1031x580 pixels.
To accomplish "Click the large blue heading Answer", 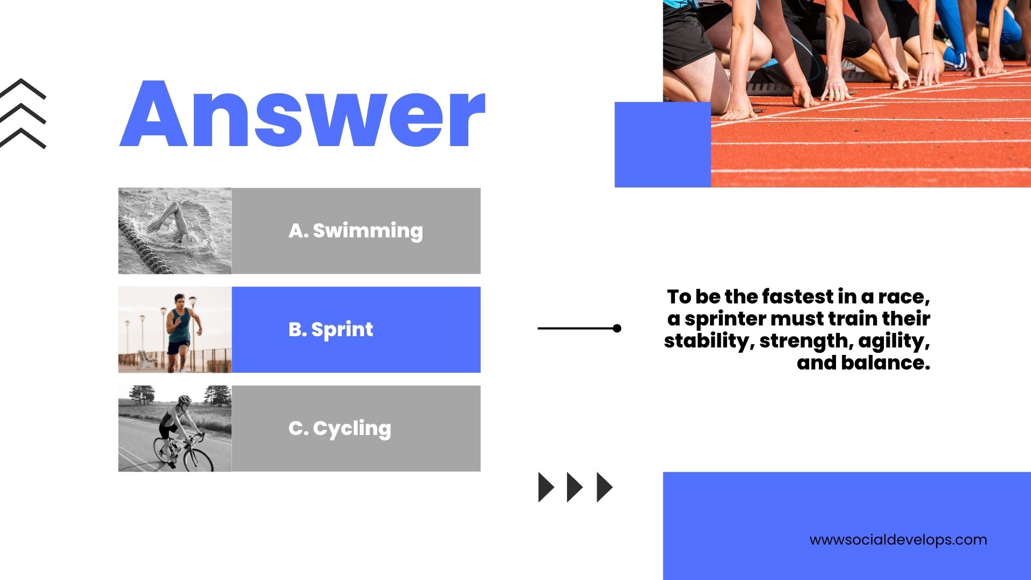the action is (302, 114).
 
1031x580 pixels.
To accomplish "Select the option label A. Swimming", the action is (355, 231).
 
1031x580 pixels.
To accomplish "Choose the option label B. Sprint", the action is (331, 330).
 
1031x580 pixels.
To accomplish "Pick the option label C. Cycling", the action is (340, 429).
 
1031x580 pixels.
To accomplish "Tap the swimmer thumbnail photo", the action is (175, 231).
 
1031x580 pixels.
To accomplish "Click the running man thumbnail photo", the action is (175, 330).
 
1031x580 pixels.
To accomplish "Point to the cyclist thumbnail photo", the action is (175, 429).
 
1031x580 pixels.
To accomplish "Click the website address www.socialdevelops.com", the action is (898, 540).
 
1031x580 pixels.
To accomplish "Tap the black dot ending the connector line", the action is (617, 328).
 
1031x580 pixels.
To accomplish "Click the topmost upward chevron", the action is (23, 89).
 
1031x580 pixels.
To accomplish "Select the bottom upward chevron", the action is (23, 138).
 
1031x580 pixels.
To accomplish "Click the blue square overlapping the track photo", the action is (663, 144).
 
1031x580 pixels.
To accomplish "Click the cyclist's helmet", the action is (185, 400).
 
